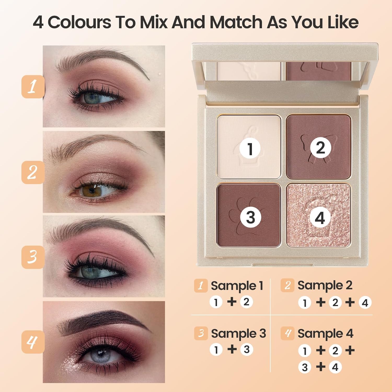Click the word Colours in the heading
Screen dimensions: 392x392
79,22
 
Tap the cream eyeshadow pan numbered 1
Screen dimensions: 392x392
249,146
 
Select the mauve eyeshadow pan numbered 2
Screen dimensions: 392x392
318,146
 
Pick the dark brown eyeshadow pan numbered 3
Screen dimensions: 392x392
249,215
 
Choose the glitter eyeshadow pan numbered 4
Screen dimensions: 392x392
318,215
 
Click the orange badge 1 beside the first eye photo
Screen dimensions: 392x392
33,87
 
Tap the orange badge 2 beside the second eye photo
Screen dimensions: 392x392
33,172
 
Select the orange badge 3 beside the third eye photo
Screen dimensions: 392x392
33,257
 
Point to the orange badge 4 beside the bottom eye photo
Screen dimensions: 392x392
33,342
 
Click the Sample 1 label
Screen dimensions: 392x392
237,286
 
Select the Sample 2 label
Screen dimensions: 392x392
325,285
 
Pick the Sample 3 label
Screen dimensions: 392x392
238,333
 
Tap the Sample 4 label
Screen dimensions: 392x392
325,333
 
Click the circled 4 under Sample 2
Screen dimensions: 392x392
365,303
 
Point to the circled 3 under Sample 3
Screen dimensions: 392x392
246,349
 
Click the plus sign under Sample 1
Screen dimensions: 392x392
232,302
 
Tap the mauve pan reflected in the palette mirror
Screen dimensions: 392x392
318,71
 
